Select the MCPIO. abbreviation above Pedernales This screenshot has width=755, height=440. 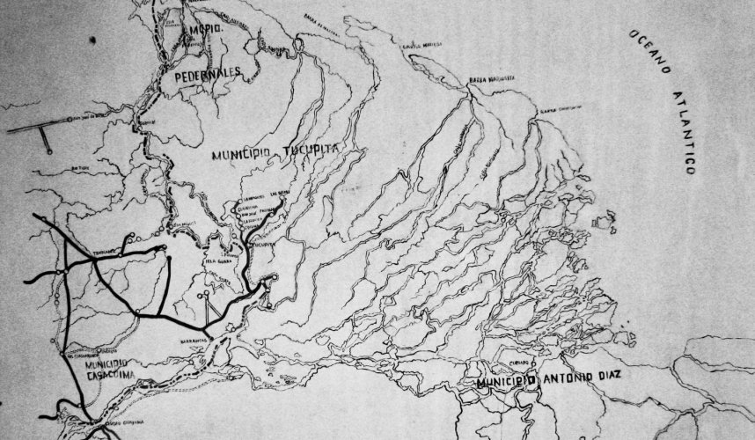pos(203,30)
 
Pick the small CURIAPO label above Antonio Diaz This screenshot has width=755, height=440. pos(521,363)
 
